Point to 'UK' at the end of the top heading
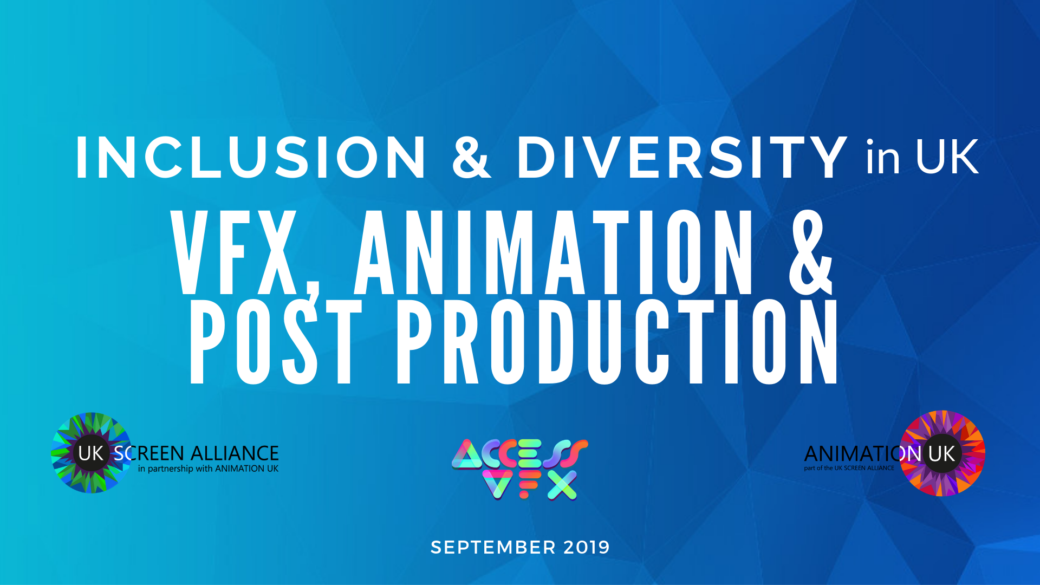(947, 157)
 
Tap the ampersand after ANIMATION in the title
(810, 252)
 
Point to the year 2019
(587, 548)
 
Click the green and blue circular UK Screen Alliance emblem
(91, 453)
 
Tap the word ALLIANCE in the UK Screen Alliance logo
(234, 453)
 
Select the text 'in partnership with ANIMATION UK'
(208, 469)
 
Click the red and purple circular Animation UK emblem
(942, 453)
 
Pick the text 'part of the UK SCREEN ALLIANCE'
(849, 468)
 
